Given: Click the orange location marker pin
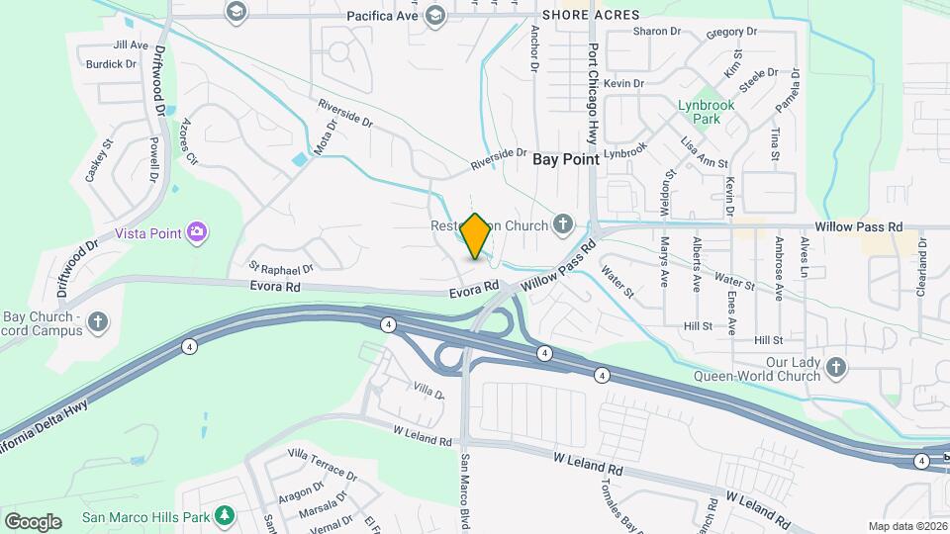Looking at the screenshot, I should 476,236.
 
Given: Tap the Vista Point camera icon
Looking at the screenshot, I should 197,231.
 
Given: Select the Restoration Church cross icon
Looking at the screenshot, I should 563,224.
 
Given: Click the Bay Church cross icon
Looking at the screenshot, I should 97,321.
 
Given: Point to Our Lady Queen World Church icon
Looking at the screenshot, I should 836,368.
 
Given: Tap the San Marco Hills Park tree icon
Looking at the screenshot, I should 226,515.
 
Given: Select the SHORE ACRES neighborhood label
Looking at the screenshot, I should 591,16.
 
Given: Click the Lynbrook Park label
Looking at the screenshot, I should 698,111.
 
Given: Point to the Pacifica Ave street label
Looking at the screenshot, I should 382,17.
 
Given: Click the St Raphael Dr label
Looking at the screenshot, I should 281,267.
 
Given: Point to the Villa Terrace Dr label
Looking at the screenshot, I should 321,466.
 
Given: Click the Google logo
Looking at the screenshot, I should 33,521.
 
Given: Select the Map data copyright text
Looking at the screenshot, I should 905,526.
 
